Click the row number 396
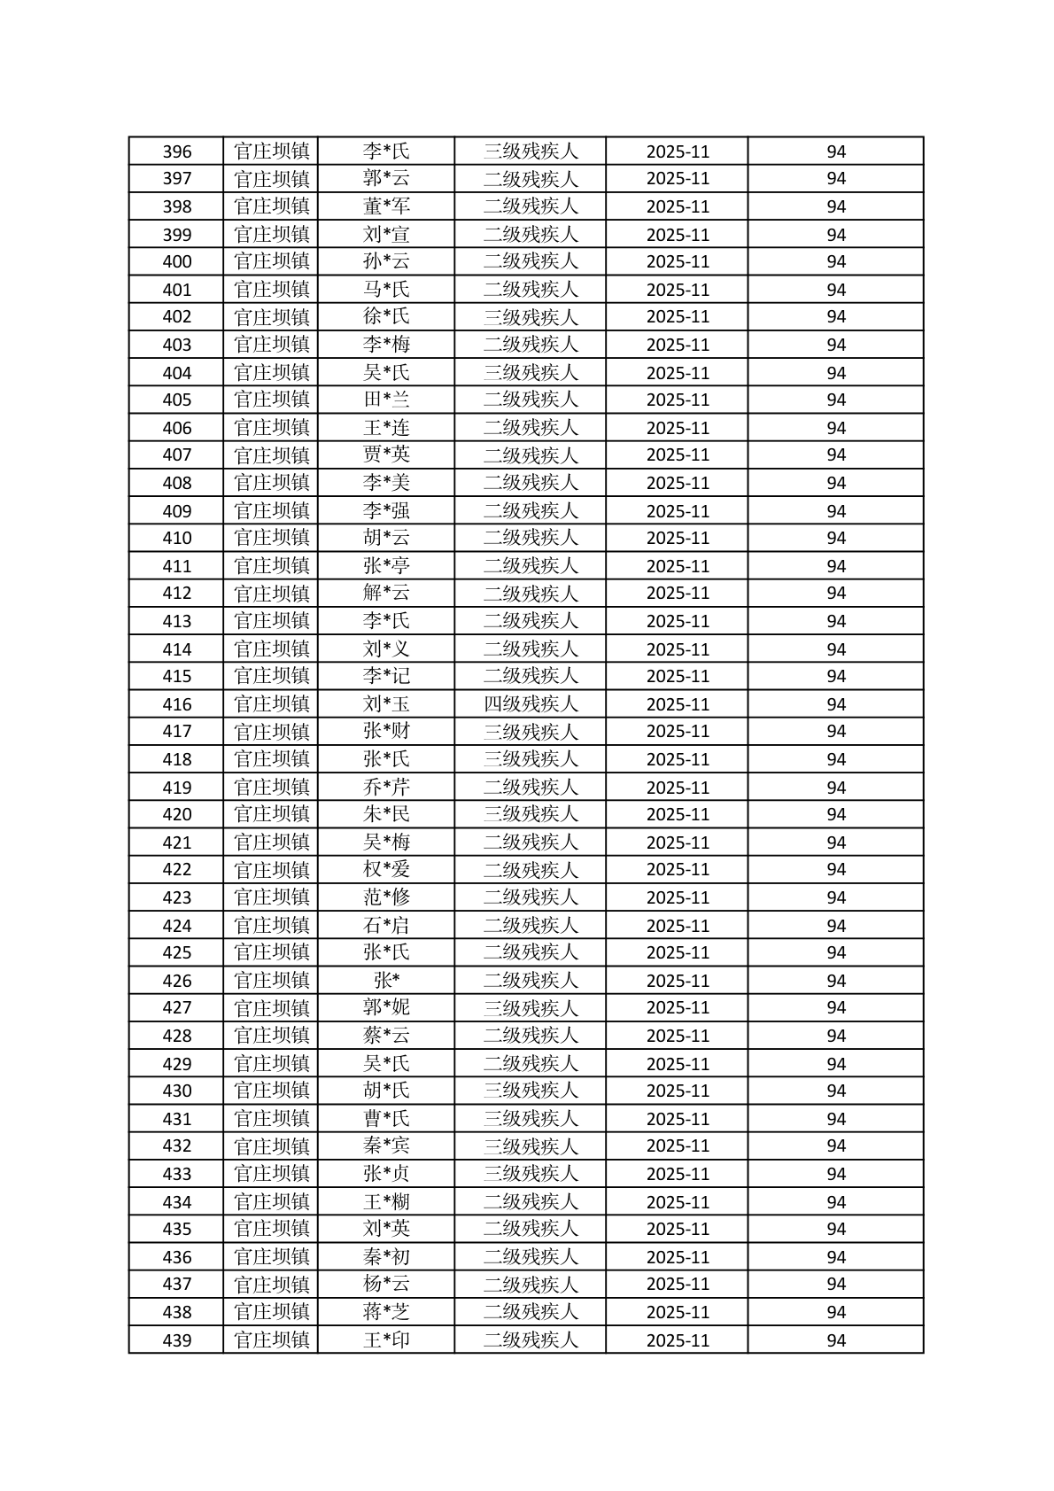pos(177,151)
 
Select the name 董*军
pos(386,206)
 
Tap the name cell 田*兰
pos(386,400)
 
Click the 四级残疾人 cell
pos(531,704)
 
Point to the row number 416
pos(177,704)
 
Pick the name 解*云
pos(386,593)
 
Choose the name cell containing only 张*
pos(386,981)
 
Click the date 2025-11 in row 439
pos(678,1340)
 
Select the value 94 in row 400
pos(836,261)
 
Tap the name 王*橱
pos(386,1202)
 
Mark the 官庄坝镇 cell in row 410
pos(271,538)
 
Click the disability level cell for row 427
pos(531,1008)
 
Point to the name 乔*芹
pos(386,788)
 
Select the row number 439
pos(177,1340)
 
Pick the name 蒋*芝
pos(386,1312)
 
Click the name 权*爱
pos(386,869)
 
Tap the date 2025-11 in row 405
pos(678,400)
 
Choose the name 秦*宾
pos(386,1145)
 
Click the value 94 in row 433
pos(836,1174)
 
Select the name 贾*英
pos(386,454)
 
